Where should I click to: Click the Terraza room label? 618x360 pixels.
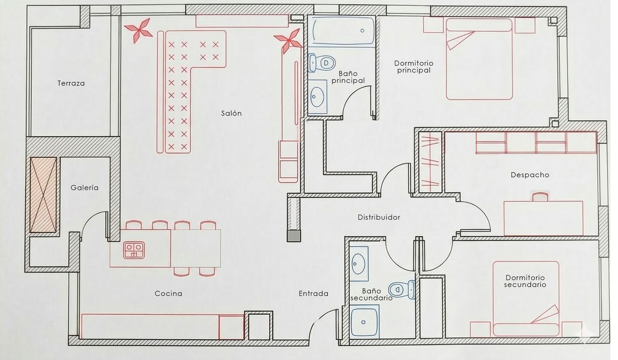coord(71,83)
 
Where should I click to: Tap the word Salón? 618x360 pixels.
coord(232,113)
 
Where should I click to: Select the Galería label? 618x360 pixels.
coord(84,187)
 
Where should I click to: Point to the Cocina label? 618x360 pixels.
coord(168,294)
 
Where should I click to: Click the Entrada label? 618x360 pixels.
coord(314,294)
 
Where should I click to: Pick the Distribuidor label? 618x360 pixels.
coord(379,217)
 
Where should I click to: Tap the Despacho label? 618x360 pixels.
coord(530,175)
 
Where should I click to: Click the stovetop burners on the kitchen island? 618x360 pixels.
coord(134,250)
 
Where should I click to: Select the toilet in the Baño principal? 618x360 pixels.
coord(322,63)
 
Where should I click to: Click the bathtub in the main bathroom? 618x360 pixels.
coord(342,30)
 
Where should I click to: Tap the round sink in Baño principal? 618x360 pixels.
coord(317,97)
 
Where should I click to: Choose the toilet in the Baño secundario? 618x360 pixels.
coord(402,290)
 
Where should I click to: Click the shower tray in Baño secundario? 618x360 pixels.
coord(364,321)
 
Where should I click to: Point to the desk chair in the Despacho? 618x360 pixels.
coord(540,197)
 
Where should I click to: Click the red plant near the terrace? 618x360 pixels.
coord(139,30)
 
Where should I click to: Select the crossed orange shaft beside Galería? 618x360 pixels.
coord(43,195)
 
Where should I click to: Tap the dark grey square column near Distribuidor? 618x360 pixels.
coord(293,236)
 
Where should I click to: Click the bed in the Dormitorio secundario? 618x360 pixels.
coord(526,299)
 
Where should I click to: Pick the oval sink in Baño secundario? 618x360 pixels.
coord(359,264)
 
